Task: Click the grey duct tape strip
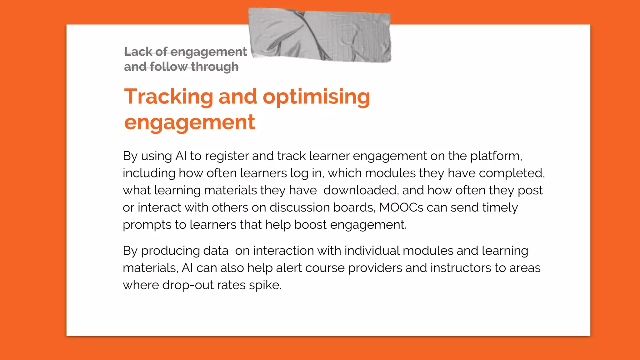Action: point(319,35)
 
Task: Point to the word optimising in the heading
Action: point(316,97)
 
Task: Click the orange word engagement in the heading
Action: point(190,122)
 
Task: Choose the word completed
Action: point(512,173)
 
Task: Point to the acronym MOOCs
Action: point(401,207)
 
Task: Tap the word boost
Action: point(310,225)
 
